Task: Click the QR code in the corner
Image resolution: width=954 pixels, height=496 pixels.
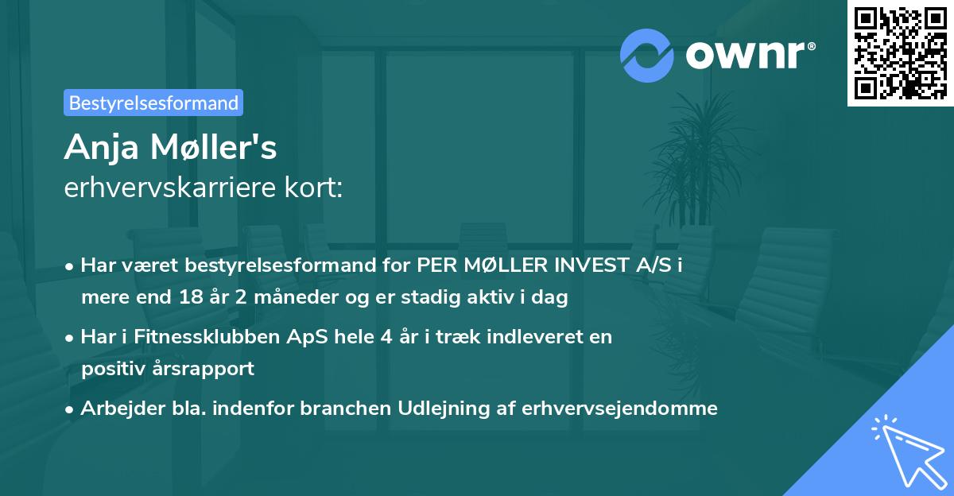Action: (x=900, y=52)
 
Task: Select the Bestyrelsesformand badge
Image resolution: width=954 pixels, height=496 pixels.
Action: (x=153, y=103)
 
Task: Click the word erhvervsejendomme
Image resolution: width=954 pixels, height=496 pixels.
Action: (x=620, y=408)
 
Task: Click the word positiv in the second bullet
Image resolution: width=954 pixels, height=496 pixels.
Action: (x=107, y=368)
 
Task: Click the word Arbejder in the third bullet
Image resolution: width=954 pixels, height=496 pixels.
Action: (x=116, y=408)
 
